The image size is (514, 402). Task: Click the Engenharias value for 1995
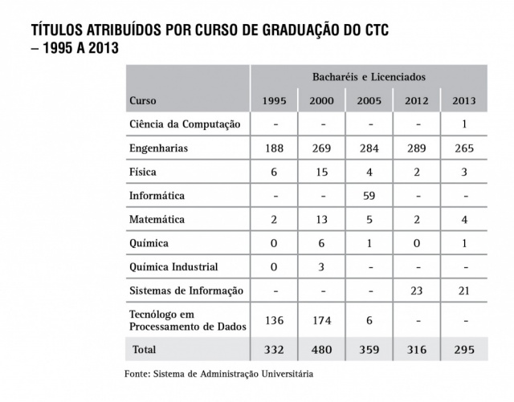275,148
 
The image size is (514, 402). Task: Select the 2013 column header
463,101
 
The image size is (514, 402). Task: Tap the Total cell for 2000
321,350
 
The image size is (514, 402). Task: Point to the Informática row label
157,196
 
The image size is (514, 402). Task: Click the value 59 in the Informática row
370,196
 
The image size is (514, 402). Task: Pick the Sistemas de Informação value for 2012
417,290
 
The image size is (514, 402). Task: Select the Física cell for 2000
321,173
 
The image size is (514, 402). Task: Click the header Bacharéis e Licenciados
369,77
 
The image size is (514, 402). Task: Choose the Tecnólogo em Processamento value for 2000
321,320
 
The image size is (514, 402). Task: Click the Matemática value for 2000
321,219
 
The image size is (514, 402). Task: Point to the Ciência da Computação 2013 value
463,125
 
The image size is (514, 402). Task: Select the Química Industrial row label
173,266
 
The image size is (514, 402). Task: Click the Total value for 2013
463,350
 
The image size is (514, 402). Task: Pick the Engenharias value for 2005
370,148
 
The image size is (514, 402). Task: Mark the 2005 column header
370,101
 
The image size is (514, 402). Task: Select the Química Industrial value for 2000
321,266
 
